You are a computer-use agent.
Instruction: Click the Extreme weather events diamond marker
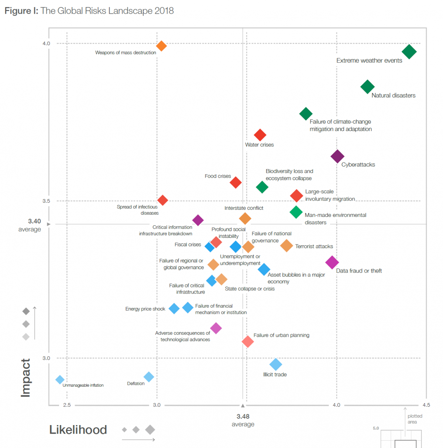409,52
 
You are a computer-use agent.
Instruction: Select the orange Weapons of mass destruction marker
161,46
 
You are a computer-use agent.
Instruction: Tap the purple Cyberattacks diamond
337,156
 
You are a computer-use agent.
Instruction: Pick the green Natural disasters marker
367,87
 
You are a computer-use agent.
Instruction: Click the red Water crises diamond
260,135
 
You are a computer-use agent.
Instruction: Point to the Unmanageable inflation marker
60,380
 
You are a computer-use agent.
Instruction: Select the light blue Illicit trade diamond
276,365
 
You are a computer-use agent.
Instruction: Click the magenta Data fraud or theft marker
332,263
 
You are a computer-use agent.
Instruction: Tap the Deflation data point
149,377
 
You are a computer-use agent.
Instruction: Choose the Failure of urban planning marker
248,342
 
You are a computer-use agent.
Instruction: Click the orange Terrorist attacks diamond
286,246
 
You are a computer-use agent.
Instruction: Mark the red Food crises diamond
236,182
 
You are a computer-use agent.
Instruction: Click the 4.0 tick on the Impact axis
46,44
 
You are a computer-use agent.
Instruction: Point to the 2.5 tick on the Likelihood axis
67,405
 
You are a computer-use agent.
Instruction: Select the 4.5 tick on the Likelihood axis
426,405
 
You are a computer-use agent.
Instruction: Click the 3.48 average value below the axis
243,417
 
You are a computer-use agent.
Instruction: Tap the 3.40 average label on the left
34,221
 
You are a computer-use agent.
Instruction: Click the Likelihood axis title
78,430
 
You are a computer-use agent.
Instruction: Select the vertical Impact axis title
25,378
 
